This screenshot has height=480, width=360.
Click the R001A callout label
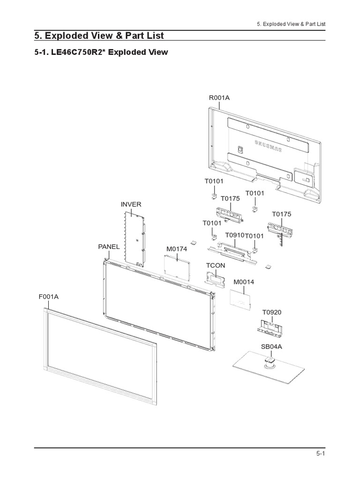pyautogui.click(x=219, y=97)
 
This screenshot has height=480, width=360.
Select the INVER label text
pyautogui.click(x=131, y=204)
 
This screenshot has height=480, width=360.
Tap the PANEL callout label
pyautogui.click(x=109, y=247)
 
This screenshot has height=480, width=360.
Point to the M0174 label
pyautogui.click(x=177, y=248)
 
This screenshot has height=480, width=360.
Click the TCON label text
pyautogui.click(x=216, y=265)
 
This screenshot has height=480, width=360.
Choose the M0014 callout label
pyautogui.click(x=244, y=282)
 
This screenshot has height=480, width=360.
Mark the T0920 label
pyautogui.click(x=272, y=312)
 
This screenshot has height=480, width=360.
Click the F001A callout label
pyautogui.click(x=49, y=296)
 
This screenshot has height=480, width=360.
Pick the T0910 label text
pyautogui.click(x=235, y=235)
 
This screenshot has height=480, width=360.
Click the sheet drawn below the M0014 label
pyautogui.click(x=241, y=300)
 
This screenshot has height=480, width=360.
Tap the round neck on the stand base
pyautogui.click(x=270, y=362)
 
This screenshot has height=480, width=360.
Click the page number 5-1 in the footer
pyautogui.click(x=321, y=453)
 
